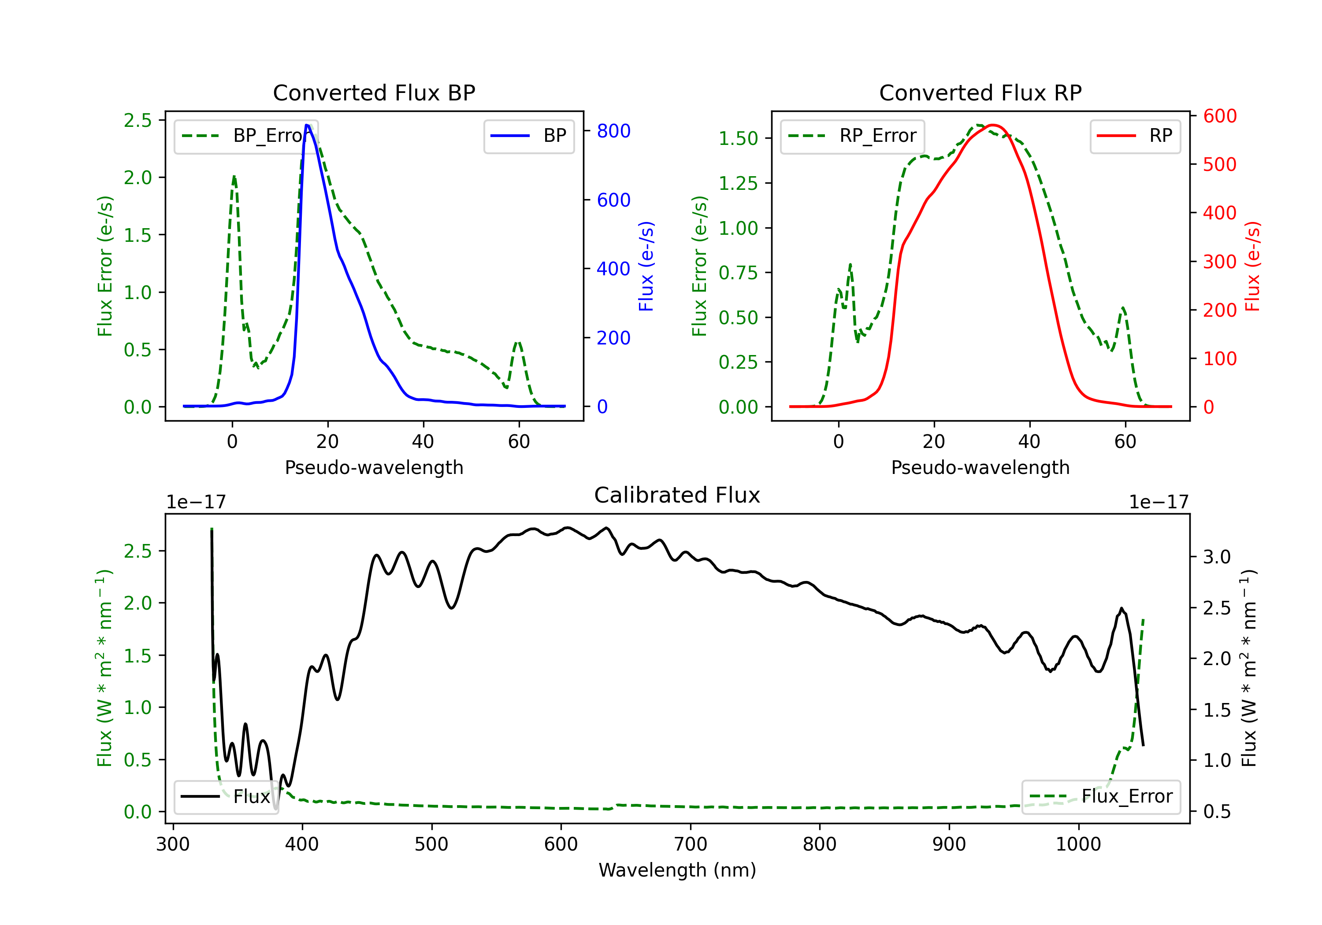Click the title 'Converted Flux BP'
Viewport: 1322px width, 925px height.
pos(374,92)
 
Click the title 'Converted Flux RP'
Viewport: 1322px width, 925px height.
pos(980,92)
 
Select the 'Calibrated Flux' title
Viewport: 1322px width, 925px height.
pos(677,495)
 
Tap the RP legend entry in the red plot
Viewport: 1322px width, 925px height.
pos(1135,136)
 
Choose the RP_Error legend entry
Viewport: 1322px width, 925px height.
pos(852,136)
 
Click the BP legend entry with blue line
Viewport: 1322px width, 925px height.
pos(528,136)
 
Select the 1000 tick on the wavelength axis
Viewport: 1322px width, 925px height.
pos(1078,844)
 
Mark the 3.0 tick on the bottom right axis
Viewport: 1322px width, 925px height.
pos(1217,557)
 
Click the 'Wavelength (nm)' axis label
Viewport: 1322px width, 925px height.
pos(677,870)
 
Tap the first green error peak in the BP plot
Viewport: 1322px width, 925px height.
pos(234,176)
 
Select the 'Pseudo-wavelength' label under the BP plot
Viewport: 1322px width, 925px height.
pos(374,467)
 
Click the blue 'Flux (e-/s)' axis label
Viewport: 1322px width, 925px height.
pos(646,266)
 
